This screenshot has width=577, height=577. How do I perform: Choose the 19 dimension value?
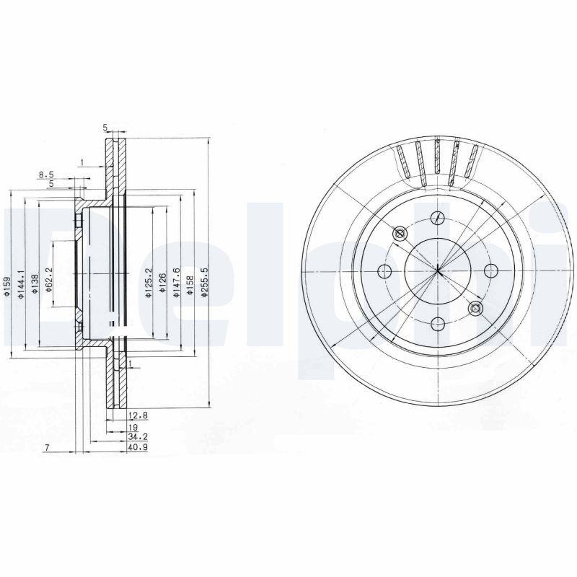[133, 427]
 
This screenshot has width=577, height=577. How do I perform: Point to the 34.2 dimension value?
[137, 437]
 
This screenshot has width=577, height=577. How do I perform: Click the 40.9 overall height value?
[137, 448]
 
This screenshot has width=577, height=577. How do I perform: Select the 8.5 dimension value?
[46, 174]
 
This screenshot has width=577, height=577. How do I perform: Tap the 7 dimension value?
[45, 448]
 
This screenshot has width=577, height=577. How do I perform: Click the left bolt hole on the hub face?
[384, 271]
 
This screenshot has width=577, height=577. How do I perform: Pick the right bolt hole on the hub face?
[492, 270]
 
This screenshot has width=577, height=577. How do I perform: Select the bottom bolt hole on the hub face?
[438, 325]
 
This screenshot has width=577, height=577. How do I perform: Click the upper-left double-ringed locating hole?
[400, 234]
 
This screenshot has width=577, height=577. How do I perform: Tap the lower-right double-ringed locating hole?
[475, 309]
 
